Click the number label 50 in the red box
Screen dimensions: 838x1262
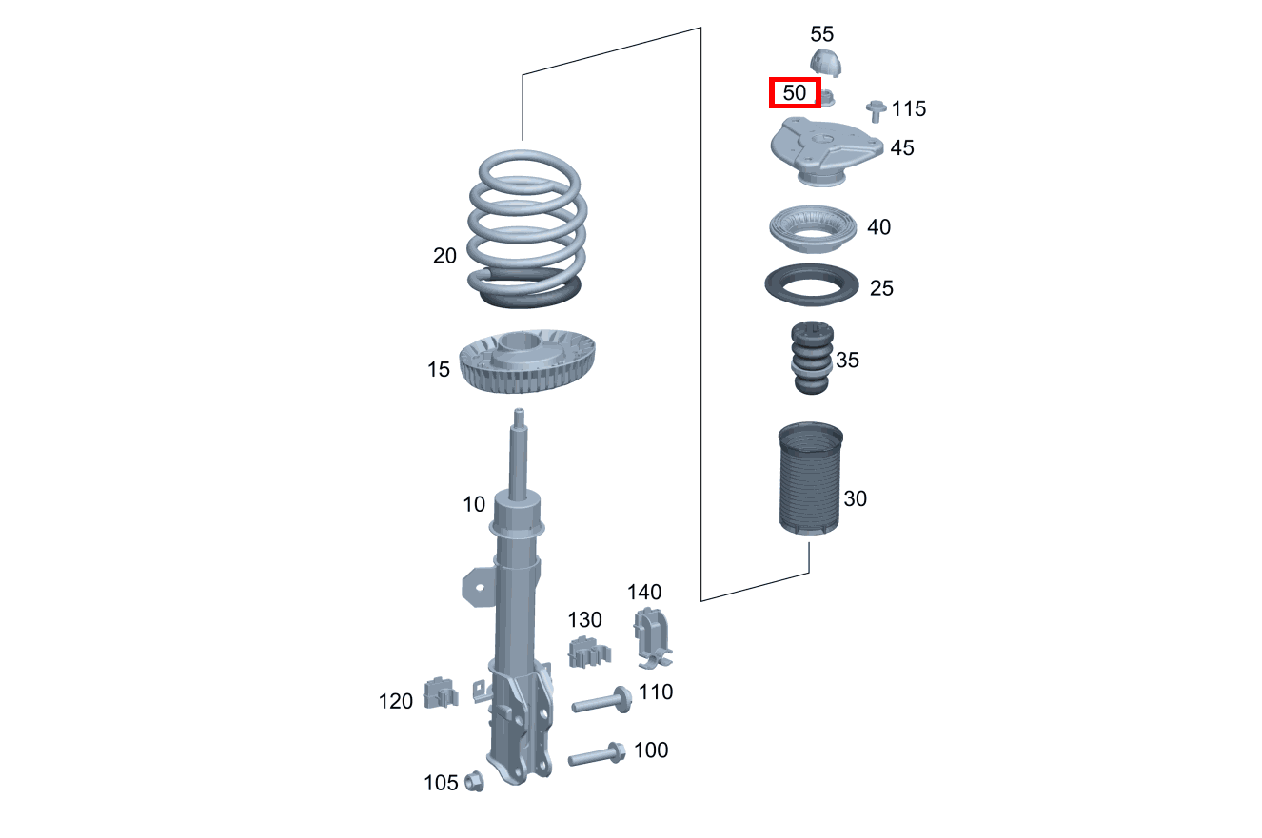coord(794,93)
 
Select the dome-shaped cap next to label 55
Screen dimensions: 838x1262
coord(828,63)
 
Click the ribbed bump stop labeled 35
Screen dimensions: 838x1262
coord(811,359)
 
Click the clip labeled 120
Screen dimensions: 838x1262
coord(440,693)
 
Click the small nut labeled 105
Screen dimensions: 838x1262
coord(475,782)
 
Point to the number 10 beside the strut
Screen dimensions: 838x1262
coord(474,504)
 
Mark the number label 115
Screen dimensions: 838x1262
coord(908,109)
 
